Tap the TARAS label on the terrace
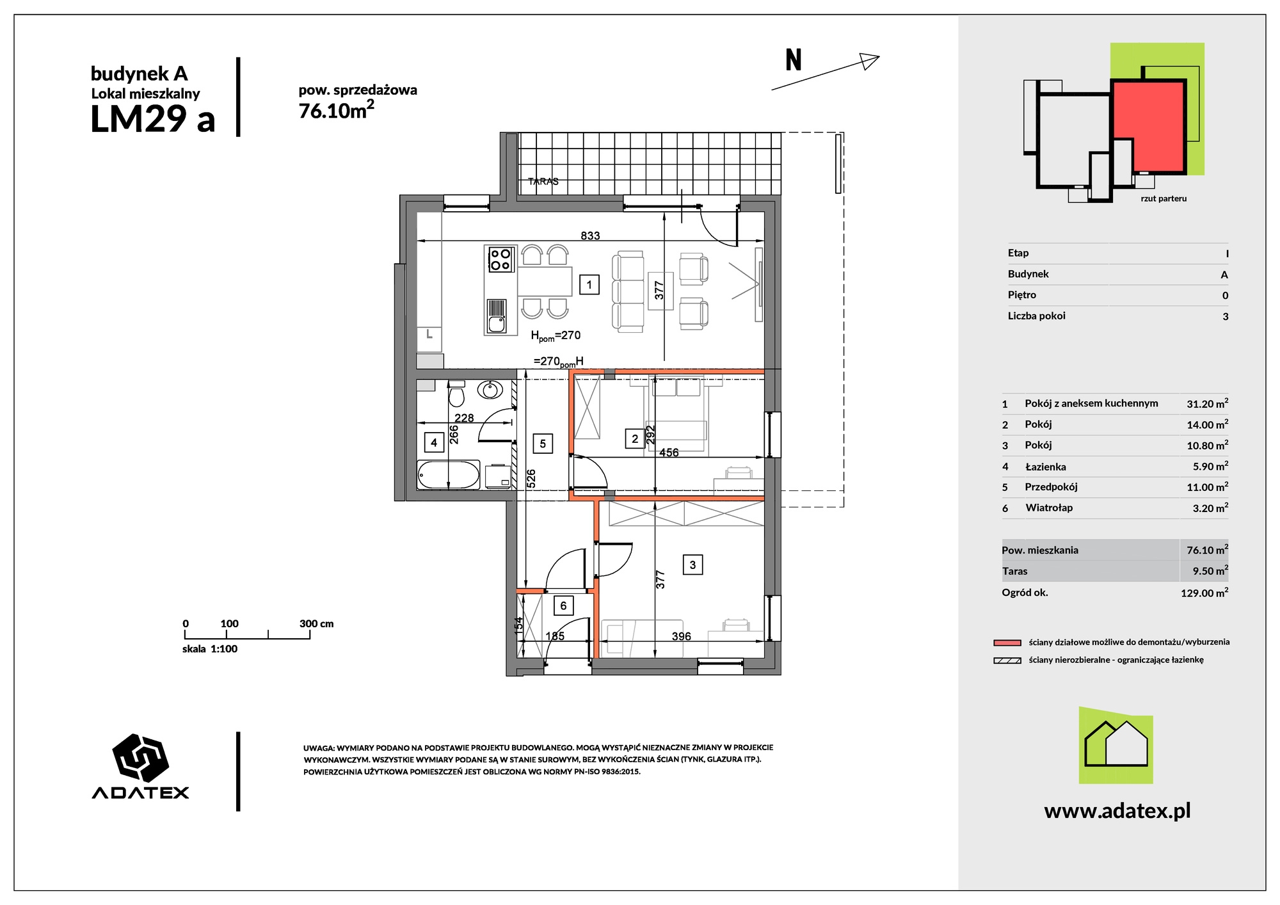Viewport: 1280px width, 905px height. pyautogui.click(x=543, y=181)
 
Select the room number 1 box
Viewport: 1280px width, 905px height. pyautogui.click(x=589, y=285)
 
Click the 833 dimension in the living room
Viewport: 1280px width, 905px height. pyautogui.click(x=590, y=236)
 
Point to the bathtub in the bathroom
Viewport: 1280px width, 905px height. pyautogui.click(x=448, y=475)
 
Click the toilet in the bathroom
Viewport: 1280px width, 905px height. pyautogui.click(x=456, y=394)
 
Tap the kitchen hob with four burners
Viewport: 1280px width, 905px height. pyautogui.click(x=500, y=259)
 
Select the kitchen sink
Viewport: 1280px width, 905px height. pyautogui.click(x=497, y=316)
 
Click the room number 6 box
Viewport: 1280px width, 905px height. pyautogui.click(x=563, y=605)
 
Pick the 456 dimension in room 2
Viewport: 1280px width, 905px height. pyautogui.click(x=669, y=452)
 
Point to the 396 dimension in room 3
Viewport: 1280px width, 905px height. pyautogui.click(x=681, y=636)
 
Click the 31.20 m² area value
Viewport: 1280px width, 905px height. pyautogui.click(x=1207, y=403)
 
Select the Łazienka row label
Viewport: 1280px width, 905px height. pyautogui.click(x=1045, y=467)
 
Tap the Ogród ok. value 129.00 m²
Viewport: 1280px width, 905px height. pyautogui.click(x=1204, y=593)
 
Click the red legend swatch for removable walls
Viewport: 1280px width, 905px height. pyautogui.click(x=1007, y=643)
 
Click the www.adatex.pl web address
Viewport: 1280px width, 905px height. pyautogui.click(x=1117, y=811)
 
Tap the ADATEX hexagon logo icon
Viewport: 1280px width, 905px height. pyautogui.click(x=140, y=758)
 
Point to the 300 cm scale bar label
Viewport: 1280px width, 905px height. pyautogui.click(x=316, y=623)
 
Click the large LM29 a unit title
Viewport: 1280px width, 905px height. pyautogui.click(x=153, y=119)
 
